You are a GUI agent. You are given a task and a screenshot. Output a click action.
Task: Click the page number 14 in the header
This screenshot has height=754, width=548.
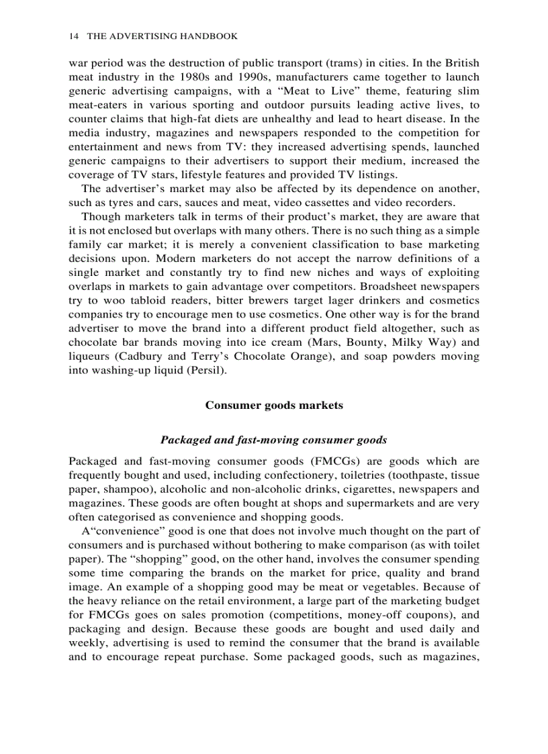coord(73,36)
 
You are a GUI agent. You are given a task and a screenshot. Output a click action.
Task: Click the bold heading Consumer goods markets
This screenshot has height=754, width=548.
coord(274,405)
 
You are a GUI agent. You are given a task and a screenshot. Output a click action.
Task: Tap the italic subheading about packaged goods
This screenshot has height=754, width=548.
coord(274,440)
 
